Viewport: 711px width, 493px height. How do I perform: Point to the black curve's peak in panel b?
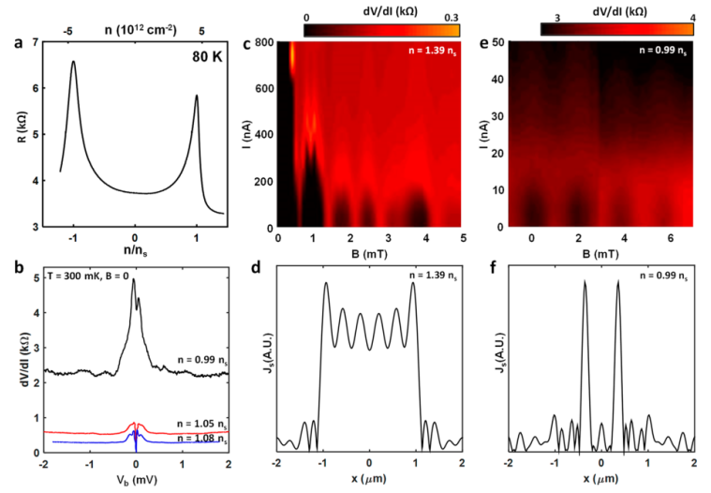pos(133,278)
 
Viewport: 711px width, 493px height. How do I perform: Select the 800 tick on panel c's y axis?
pos(267,42)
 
